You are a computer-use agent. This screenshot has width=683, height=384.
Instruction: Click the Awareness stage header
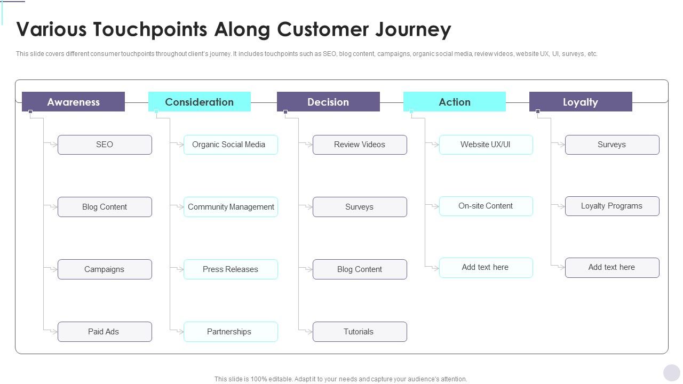(x=73, y=102)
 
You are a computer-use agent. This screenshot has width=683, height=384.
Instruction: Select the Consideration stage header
(x=199, y=102)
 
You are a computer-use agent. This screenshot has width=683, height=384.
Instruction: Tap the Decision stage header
(x=328, y=102)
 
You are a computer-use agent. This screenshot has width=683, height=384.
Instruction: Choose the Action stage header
(x=455, y=102)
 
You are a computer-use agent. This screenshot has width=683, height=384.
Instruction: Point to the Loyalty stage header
(x=581, y=102)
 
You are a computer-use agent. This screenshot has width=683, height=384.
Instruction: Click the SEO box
(x=105, y=145)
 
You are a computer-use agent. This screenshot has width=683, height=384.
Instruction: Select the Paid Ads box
(x=105, y=332)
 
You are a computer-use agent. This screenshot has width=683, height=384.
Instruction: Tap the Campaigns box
(x=105, y=269)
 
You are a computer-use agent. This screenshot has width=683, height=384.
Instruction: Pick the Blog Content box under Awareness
(x=105, y=207)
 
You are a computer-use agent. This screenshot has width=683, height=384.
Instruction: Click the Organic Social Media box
(x=231, y=145)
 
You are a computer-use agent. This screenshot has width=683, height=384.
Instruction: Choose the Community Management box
(x=231, y=207)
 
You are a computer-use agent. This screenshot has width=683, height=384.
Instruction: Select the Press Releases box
(x=231, y=269)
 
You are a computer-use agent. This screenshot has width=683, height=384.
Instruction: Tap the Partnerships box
(x=231, y=332)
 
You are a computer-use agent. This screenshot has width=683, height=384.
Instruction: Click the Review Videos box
(x=360, y=145)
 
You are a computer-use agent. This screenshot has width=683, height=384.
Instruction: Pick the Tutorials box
(x=360, y=332)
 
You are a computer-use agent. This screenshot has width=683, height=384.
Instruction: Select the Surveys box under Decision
(x=360, y=207)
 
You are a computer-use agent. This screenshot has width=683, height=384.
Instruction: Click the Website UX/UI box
(x=486, y=145)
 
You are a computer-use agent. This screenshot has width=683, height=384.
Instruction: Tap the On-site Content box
(x=486, y=206)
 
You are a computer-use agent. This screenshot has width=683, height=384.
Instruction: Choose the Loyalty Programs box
(x=612, y=206)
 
